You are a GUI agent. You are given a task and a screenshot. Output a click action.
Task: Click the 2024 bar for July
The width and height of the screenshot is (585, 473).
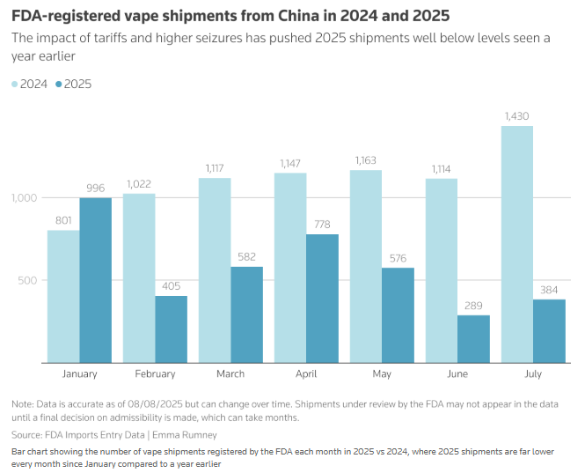517,244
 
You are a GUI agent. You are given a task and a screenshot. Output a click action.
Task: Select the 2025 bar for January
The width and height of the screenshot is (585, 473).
96,280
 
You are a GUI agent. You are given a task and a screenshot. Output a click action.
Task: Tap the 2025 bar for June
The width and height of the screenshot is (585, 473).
474,338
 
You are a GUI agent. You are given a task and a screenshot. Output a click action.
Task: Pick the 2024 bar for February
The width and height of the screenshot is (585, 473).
139,277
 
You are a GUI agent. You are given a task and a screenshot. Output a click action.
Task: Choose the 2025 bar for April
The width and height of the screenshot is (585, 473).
323,298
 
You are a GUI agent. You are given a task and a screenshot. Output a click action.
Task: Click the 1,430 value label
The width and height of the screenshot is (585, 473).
517,116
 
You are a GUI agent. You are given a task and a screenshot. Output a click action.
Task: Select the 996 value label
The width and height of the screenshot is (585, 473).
96,188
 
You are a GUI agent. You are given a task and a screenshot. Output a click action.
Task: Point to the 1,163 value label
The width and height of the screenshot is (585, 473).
366,160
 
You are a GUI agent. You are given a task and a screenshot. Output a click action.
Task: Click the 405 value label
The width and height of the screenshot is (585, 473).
172,286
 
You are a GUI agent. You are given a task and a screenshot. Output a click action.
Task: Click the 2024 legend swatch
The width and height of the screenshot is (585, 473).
15,84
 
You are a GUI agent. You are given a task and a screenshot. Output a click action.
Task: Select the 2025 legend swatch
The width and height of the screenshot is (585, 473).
59,84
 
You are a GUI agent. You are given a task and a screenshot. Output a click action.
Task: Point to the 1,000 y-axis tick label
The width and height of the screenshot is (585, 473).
25,198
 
